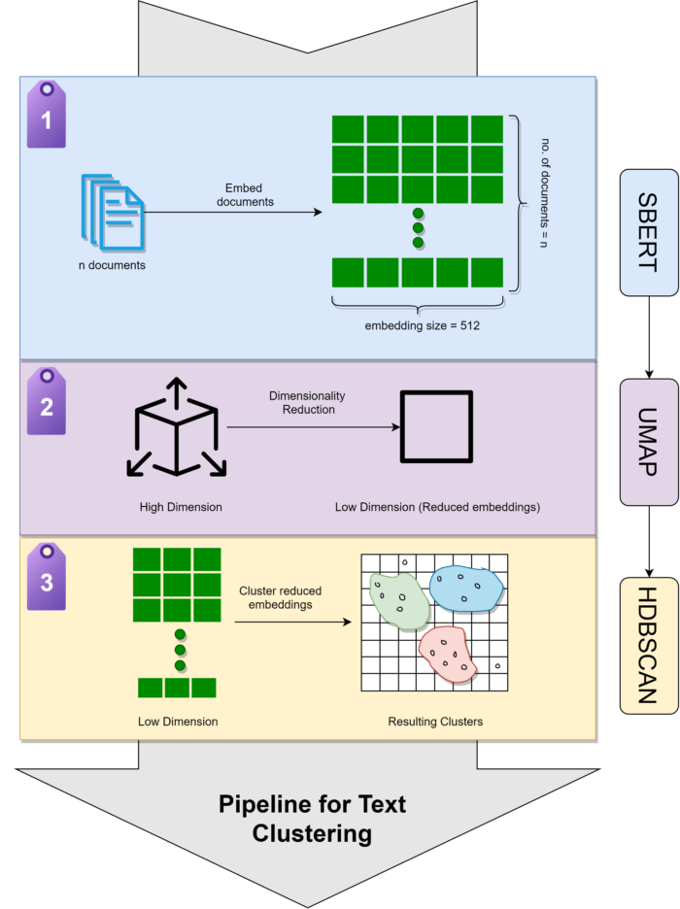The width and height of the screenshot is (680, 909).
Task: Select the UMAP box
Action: [650, 442]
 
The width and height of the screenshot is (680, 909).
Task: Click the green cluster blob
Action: [397, 597]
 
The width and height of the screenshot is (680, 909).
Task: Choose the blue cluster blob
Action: [467, 588]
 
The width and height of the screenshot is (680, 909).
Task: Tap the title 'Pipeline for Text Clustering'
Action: [312, 819]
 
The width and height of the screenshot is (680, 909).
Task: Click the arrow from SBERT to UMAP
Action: [650, 337]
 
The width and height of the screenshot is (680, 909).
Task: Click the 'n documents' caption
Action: [113, 265]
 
